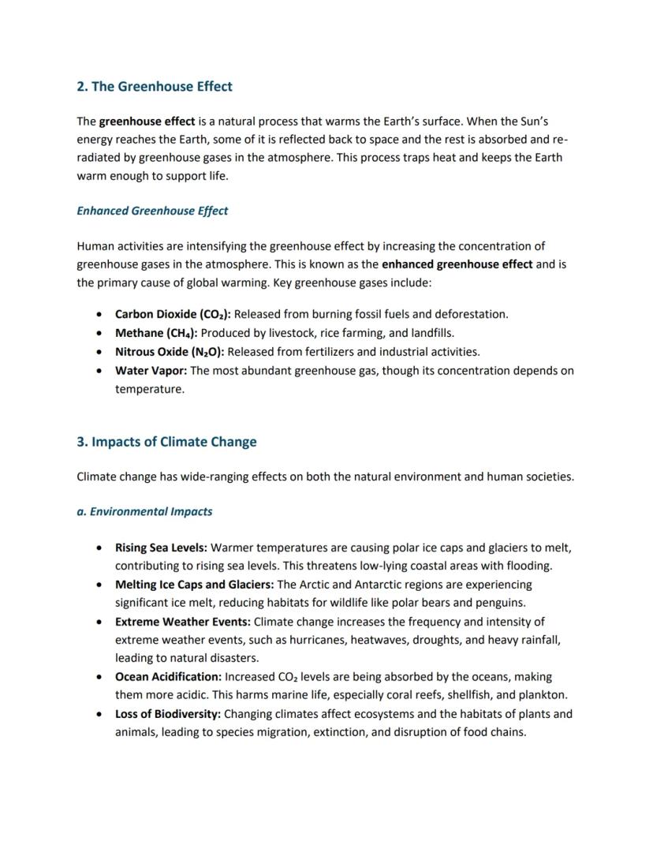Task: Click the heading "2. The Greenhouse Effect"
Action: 155,86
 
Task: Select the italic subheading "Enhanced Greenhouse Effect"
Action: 152,211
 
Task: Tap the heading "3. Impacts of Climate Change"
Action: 166,442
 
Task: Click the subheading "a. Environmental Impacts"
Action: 144,511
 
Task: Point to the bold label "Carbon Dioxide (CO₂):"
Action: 173,314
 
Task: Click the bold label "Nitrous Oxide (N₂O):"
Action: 169,352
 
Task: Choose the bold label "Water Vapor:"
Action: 151,371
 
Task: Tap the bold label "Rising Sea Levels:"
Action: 161,548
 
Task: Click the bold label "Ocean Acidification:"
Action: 168,677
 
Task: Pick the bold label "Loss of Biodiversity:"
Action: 167,714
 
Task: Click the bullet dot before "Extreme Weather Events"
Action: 98,622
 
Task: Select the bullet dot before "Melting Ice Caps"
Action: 98,585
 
